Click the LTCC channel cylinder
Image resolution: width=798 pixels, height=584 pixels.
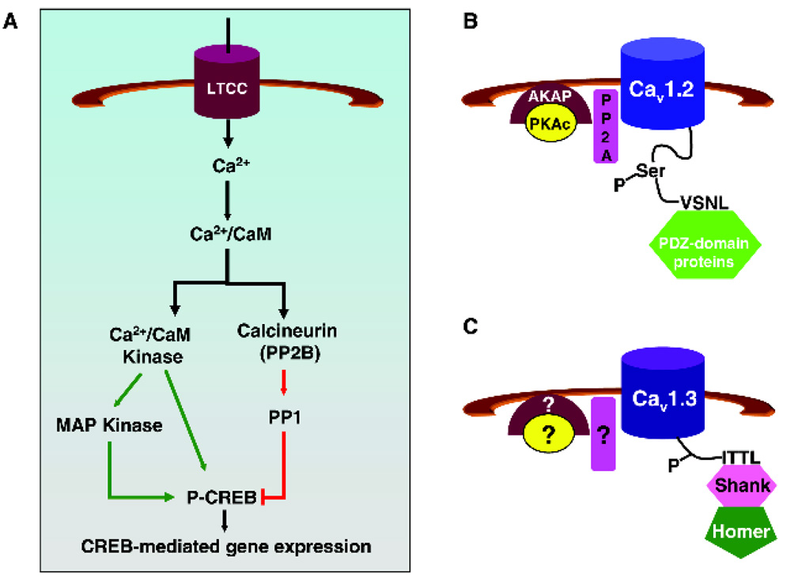pos(228,92)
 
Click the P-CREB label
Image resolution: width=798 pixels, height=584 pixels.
pos(228,497)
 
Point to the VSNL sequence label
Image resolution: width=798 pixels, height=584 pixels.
pos(703,202)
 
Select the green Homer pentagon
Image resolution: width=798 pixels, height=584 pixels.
pos(737,531)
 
